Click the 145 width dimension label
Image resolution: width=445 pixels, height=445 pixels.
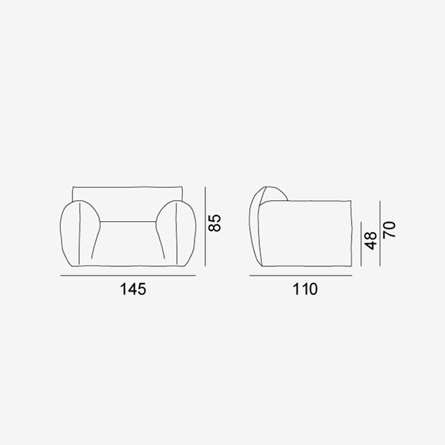click(133, 289)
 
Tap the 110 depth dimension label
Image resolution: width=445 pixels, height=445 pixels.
click(305, 289)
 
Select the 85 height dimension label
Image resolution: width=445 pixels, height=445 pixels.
click(215, 223)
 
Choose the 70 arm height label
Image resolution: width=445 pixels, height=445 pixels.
click(389, 230)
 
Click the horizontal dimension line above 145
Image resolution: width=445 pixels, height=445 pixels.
click(128, 275)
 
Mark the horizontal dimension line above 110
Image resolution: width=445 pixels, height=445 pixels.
click(301, 275)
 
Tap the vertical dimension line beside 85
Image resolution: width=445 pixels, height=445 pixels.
click(205, 226)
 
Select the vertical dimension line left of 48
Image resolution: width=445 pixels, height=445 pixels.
click(361, 244)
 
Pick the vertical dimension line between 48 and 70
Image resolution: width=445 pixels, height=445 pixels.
click(380, 233)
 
